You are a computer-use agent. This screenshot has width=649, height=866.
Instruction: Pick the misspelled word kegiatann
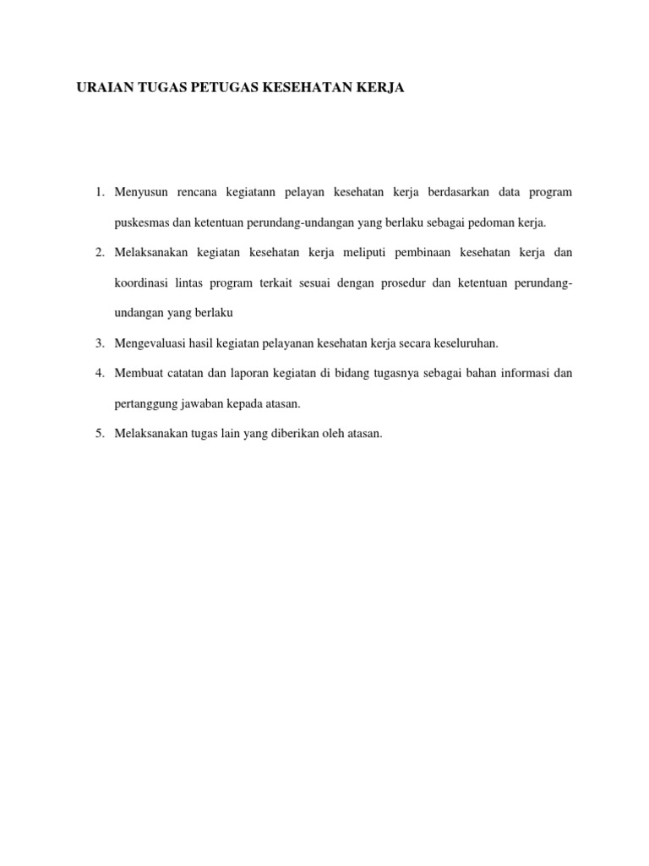(x=250, y=192)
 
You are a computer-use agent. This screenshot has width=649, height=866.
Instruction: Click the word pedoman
(x=494, y=222)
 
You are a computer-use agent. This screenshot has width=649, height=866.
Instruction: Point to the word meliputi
(x=371, y=252)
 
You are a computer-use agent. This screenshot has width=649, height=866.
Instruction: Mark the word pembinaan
(x=444, y=252)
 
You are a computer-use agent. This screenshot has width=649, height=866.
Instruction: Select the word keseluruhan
(x=466, y=343)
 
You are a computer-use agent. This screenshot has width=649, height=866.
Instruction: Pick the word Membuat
(x=138, y=373)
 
